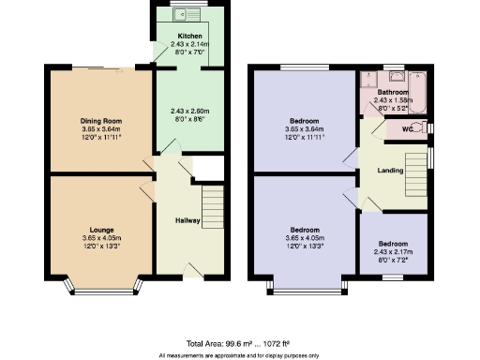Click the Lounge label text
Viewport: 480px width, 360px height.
click(101, 229)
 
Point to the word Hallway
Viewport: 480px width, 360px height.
click(190, 221)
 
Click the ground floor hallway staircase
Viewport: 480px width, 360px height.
click(212, 202)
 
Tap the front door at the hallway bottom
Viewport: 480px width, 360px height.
click(195, 268)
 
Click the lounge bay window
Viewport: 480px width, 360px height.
click(103, 289)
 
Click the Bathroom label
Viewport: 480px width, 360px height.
click(393, 93)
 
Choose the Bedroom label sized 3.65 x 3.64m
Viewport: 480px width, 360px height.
click(303, 121)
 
